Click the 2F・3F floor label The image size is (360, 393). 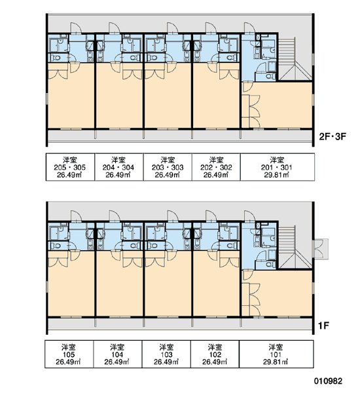point(333,137)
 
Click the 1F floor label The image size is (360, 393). point(323,326)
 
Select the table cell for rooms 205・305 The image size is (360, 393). point(70,167)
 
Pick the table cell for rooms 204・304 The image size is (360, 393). point(118,167)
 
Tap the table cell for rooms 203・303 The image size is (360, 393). point(168,167)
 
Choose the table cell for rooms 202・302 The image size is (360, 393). point(216,167)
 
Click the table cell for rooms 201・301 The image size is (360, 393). point(278,167)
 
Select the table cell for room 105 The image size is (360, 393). point(69,354)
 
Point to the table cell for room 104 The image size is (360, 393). point(118,354)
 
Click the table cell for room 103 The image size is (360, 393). point(167,354)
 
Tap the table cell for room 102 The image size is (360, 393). point(215,354)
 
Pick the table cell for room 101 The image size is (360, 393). point(276,354)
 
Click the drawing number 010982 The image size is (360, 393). point(328,381)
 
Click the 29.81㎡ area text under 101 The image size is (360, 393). point(276,362)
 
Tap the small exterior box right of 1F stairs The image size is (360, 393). point(321,249)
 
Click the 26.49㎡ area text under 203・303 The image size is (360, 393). point(167,175)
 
